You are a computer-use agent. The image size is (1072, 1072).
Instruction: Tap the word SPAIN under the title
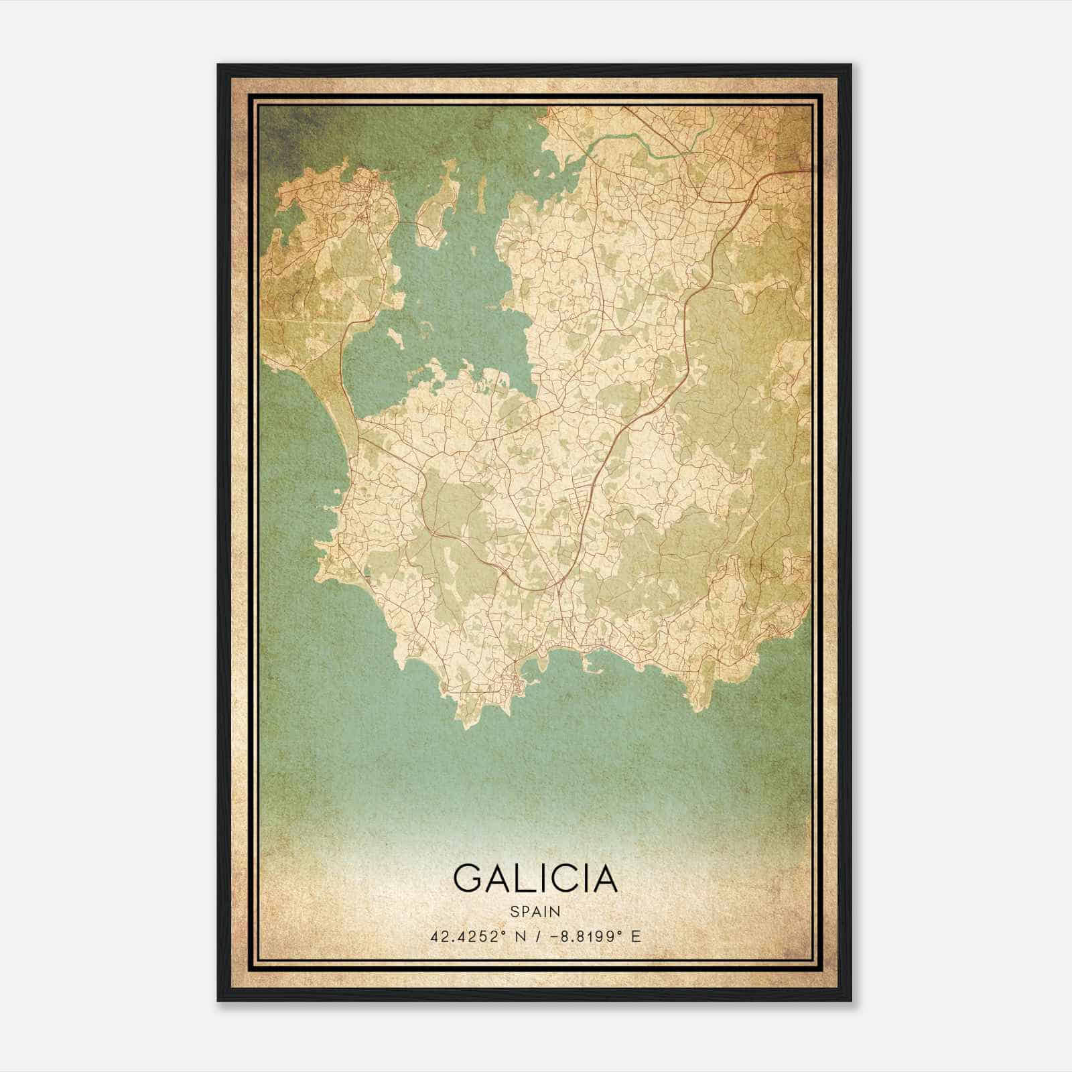point(535,911)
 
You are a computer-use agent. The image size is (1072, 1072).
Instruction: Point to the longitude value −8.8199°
point(578,936)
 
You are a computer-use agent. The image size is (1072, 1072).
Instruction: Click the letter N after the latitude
point(517,936)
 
